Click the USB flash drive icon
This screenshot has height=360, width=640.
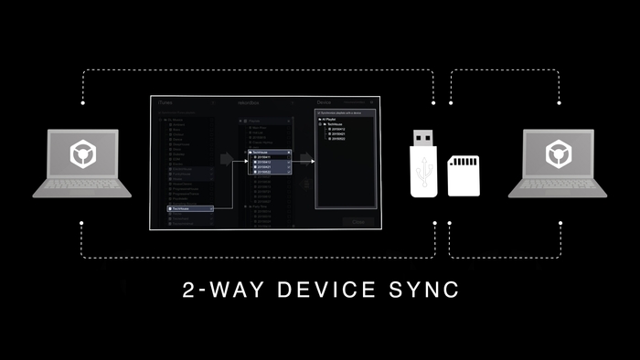422,164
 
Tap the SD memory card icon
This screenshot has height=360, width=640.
463,173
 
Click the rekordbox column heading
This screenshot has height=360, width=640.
249,102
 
